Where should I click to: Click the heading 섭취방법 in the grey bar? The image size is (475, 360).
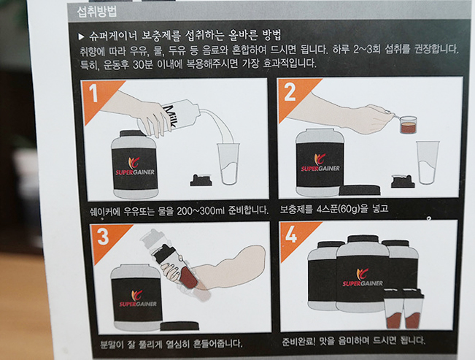(96, 12)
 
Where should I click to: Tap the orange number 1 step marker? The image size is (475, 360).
(94, 93)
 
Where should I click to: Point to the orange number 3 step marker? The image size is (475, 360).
(103, 237)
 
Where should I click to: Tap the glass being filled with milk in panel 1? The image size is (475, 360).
(228, 164)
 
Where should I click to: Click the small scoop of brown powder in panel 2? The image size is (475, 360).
(408, 125)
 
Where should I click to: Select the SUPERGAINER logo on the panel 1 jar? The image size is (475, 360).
(135, 166)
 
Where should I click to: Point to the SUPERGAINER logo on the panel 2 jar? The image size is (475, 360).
(320, 164)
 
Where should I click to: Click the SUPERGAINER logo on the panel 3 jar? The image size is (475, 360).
(138, 299)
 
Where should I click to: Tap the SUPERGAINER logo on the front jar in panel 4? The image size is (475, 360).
(363, 278)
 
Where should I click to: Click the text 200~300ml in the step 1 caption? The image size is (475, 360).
(201, 210)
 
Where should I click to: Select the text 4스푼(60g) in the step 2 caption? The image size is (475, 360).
(338, 209)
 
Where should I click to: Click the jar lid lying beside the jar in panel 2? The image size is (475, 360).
(360, 190)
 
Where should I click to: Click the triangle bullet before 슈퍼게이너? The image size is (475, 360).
(81, 37)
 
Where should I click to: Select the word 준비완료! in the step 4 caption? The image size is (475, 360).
(298, 342)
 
